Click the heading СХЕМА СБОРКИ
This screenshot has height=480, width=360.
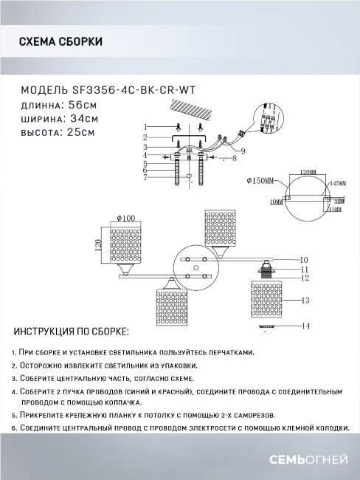pyautogui.click(x=59, y=41)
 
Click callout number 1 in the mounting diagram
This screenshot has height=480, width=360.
pyautogui.click(x=146, y=126)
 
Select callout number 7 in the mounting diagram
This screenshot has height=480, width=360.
pyautogui.click(x=146, y=178)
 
